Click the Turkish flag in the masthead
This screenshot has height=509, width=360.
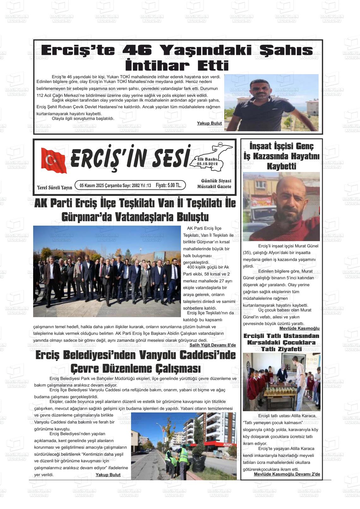54,160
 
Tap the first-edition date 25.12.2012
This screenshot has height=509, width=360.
207,164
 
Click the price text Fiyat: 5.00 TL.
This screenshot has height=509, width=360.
168,185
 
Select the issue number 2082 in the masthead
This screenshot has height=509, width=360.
136,186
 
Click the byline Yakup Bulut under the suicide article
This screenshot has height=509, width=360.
209,123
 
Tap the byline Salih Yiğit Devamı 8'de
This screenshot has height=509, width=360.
213,345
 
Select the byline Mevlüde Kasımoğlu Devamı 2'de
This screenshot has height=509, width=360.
287,474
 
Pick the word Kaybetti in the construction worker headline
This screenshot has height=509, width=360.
281,166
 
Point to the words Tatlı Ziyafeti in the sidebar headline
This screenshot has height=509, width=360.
281,349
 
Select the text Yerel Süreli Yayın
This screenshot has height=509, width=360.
55,188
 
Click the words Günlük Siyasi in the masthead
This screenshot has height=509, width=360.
216,181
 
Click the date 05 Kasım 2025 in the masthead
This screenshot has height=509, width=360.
92,186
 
